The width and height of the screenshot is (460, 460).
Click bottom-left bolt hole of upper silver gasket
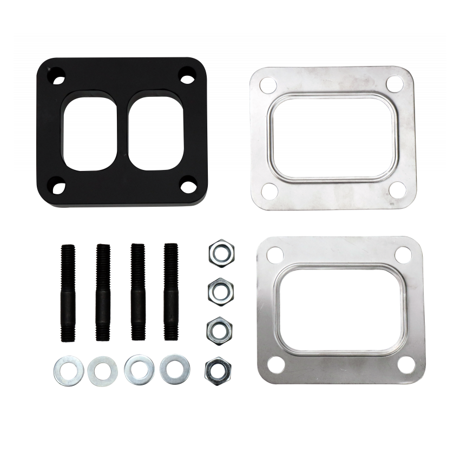coord(268,190)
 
